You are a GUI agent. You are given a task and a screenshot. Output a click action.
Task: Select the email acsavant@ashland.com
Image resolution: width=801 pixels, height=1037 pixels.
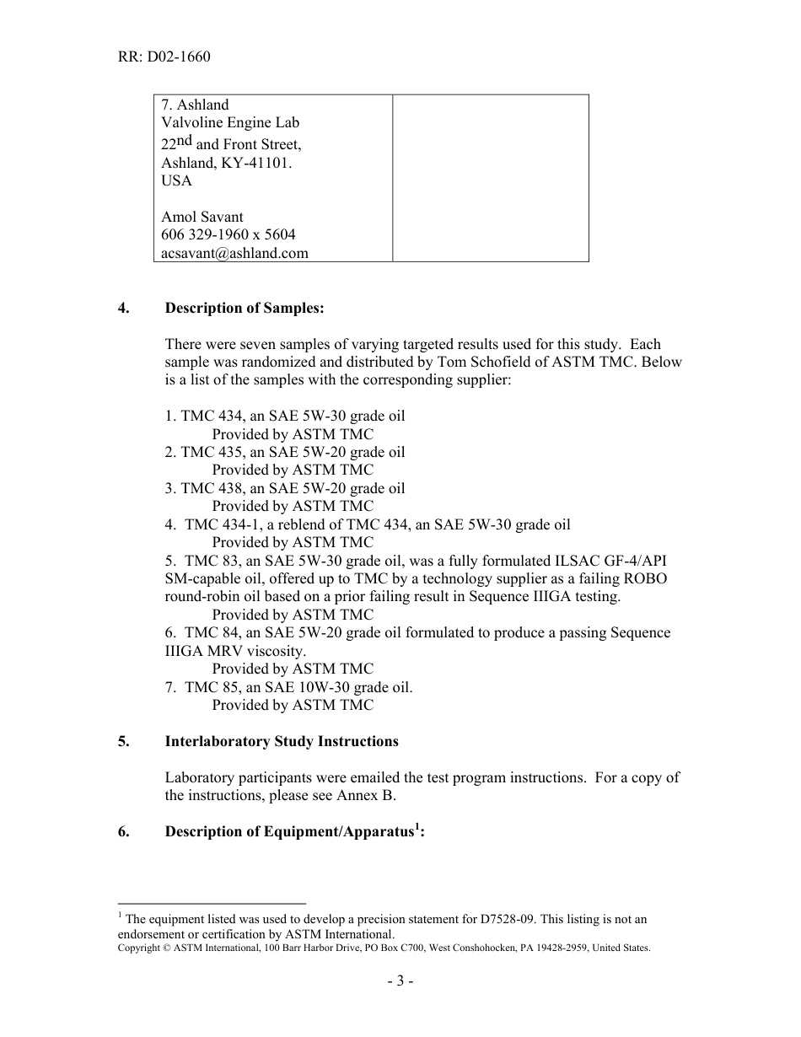tap(234, 252)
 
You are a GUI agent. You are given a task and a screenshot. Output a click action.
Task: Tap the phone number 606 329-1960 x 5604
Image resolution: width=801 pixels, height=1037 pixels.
tap(228, 234)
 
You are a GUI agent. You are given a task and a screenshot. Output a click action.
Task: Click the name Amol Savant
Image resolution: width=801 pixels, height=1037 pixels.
tap(202, 217)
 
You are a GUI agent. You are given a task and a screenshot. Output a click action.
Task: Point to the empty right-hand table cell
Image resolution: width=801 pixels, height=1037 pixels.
tap(490, 178)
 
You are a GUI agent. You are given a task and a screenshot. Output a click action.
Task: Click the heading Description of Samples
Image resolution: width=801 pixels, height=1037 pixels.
tap(245, 308)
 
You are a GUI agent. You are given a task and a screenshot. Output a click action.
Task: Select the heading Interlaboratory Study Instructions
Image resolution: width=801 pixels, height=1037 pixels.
tap(282, 741)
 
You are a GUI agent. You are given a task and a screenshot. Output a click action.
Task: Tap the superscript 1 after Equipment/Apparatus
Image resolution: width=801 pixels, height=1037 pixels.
tap(416, 827)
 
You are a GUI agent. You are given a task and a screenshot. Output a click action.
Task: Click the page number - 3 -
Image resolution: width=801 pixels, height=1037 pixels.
tap(400, 981)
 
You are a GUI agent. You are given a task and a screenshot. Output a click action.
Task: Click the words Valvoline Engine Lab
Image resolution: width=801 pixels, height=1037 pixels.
tap(230, 122)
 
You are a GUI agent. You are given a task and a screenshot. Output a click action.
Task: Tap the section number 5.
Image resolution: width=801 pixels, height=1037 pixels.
tap(123, 741)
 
